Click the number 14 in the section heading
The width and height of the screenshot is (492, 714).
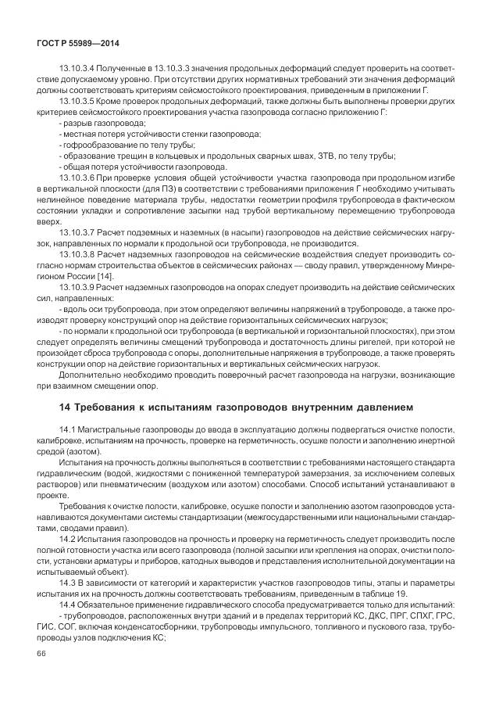[x=66, y=406]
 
